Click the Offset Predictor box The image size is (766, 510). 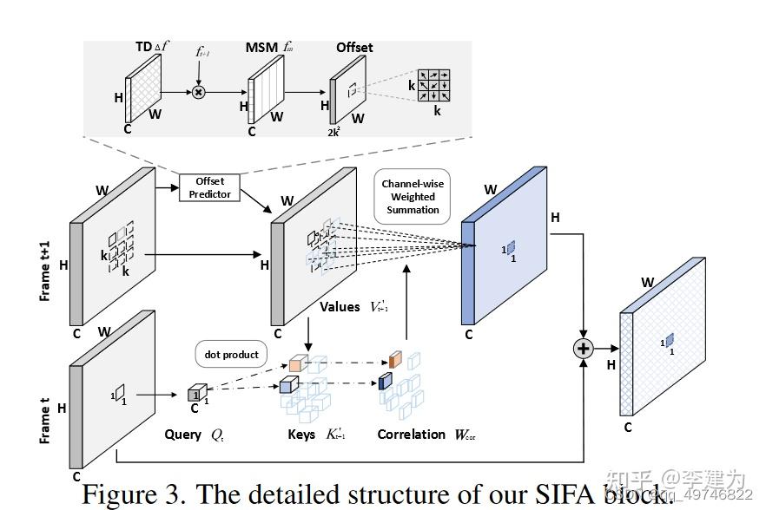(x=210, y=187)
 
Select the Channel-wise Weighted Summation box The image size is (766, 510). (x=413, y=197)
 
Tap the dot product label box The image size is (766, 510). (x=232, y=355)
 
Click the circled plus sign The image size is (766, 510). (x=582, y=349)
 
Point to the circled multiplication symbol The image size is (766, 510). (x=198, y=92)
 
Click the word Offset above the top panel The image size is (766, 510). (x=354, y=47)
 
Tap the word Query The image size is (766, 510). (x=182, y=435)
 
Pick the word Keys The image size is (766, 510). (x=301, y=435)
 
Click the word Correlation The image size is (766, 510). (x=411, y=435)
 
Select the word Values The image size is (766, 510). (x=340, y=306)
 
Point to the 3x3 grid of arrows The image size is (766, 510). (x=434, y=86)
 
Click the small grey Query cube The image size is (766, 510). (x=195, y=394)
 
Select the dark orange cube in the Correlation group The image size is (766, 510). (x=395, y=358)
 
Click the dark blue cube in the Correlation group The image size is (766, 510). (x=385, y=380)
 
